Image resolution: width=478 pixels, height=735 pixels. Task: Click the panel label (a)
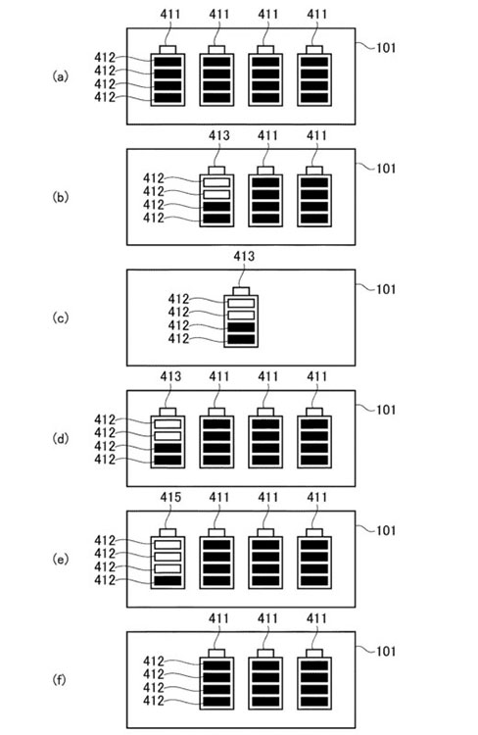tap(60, 75)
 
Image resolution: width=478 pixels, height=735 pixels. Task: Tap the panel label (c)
tap(60, 318)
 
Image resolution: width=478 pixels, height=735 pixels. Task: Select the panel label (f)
tap(60, 680)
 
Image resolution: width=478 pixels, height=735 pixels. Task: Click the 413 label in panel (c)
tap(244, 256)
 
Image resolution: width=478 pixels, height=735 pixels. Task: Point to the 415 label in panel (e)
tap(170, 497)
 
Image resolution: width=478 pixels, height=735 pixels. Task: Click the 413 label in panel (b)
tap(219, 135)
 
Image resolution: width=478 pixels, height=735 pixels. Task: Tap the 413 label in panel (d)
tap(170, 376)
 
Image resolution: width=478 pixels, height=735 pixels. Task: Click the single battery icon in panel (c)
tap(241, 318)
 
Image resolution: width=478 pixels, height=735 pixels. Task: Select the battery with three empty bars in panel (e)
tap(167, 559)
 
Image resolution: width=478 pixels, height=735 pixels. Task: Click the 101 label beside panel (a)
tap(386, 47)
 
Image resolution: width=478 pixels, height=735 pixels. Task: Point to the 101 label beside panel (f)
tap(386, 651)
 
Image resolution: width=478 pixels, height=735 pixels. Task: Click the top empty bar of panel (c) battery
tap(241, 303)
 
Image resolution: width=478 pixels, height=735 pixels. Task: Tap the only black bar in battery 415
tap(167, 581)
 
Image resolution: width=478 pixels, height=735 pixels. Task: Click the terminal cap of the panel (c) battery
tap(241, 291)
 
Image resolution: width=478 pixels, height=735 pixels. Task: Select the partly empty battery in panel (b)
tap(216, 197)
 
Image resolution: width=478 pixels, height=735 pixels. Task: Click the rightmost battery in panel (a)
tap(314, 75)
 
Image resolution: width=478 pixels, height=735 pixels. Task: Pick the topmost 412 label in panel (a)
tap(105, 57)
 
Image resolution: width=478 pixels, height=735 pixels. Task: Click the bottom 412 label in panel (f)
tap(154, 701)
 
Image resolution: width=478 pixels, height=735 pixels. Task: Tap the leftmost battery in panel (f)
tap(216, 679)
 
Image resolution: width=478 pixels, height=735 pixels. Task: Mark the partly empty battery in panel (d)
tap(167, 438)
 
